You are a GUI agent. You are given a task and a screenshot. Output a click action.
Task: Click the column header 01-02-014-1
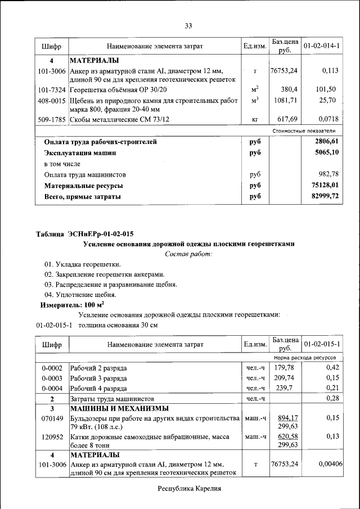pos(321,46)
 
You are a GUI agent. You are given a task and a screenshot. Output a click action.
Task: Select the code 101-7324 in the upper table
pos(51,89)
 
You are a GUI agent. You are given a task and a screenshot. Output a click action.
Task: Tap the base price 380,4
pos(289,89)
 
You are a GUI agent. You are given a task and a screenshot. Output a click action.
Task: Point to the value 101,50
pos(326,89)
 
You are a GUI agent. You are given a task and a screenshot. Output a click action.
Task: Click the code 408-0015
pos(51,100)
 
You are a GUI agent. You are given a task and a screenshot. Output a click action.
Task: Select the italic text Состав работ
pos(188,254)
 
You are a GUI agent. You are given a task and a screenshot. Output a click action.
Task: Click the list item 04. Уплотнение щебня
pos(80,295)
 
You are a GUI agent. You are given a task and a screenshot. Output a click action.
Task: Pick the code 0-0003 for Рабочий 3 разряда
pos(51,378)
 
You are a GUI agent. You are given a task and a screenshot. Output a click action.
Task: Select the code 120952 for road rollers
pos(51,436)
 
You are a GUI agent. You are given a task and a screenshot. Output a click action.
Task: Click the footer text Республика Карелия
pos(188,489)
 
